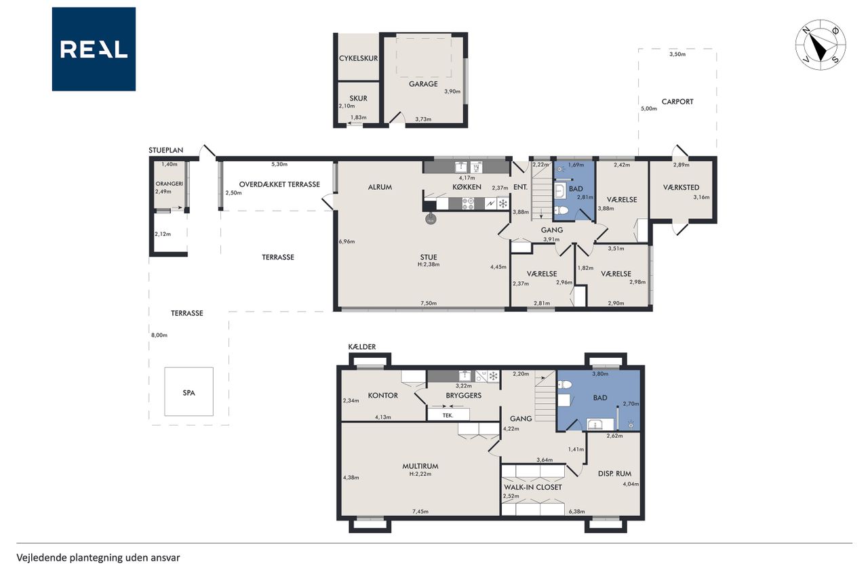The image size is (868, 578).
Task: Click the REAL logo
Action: [x=94, y=49]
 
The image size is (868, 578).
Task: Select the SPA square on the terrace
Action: [x=189, y=392]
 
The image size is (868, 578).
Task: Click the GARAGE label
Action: [x=423, y=83]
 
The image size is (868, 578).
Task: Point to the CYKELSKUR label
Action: [x=359, y=58]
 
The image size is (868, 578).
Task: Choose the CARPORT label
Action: [x=677, y=102]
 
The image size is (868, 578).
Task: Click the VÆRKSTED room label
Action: [x=682, y=188]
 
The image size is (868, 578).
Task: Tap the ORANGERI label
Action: [x=170, y=184]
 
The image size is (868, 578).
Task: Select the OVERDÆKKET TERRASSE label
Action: [x=279, y=184]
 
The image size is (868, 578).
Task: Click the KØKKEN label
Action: [x=467, y=187]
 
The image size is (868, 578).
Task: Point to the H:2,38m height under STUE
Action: [x=429, y=265]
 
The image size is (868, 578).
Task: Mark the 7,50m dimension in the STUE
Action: [x=429, y=303]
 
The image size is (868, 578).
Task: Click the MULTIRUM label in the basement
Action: [x=420, y=466]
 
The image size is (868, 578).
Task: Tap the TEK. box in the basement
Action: [x=448, y=415]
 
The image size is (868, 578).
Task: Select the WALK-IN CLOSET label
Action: [x=533, y=487]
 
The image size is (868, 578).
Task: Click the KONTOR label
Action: [x=383, y=395]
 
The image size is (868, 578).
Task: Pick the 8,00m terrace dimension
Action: [x=159, y=335]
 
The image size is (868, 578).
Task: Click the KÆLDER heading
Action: [x=362, y=347]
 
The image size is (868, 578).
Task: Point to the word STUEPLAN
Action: [x=166, y=150]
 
